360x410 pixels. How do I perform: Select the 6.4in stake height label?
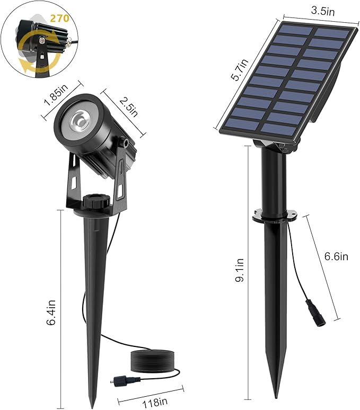coord(52,314)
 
